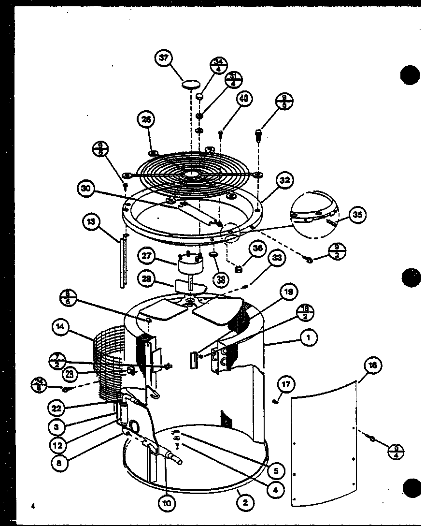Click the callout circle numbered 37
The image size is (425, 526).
click(x=164, y=58)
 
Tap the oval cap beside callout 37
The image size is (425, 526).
click(x=190, y=85)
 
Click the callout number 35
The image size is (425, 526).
click(x=357, y=215)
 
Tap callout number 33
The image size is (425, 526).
click(x=276, y=259)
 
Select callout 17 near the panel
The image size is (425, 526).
click(x=285, y=385)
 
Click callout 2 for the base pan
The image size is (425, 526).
click(x=245, y=503)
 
